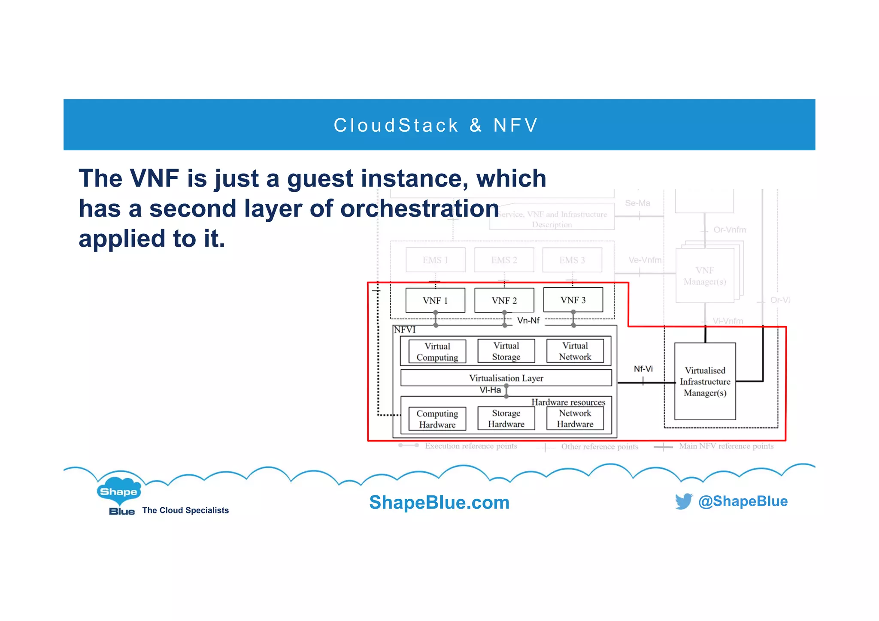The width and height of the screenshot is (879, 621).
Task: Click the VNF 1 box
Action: pyautogui.click(x=435, y=300)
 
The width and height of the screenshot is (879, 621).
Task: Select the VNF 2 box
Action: pyautogui.click(x=504, y=300)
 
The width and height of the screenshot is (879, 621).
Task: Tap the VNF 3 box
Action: pyautogui.click(x=573, y=300)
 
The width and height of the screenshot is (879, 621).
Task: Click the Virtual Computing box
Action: pyautogui.click(x=437, y=352)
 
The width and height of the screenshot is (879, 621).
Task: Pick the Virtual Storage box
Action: pyautogui.click(x=506, y=351)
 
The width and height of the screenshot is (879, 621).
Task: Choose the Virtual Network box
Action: pyautogui.click(x=575, y=351)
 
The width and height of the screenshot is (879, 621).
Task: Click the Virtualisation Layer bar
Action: pyautogui.click(x=506, y=378)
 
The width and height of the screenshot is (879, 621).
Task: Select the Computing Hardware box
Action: pyautogui.click(x=437, y=419)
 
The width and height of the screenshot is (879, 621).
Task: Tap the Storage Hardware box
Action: pyautogui.click(x=506, y=419)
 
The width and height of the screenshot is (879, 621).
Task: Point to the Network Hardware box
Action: pyautogui.click(x=575, y=419)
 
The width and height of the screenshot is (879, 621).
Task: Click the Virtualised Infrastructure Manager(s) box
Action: pyautogui.click(x=705, y=381)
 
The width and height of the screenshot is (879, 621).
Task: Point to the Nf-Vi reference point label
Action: pyautogui.click(x=643, y=369)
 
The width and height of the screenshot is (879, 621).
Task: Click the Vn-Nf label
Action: pyautogui.click(x=528, y=320)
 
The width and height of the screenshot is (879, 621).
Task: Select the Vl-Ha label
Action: pyautogui.click(x=490, y=390)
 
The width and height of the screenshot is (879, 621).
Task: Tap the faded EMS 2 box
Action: pyautogui.click(x=504, y=260)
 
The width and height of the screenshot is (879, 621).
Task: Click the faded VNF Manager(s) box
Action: pyautogui.click(x=705, y=276)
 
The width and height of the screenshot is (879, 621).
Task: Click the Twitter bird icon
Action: pyautogui.click(x=683, y=501)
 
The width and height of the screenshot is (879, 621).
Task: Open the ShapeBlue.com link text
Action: pyautogui.click(x=439, y=502)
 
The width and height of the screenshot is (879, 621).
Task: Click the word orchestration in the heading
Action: pyautogui.click(x=419, y=209)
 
